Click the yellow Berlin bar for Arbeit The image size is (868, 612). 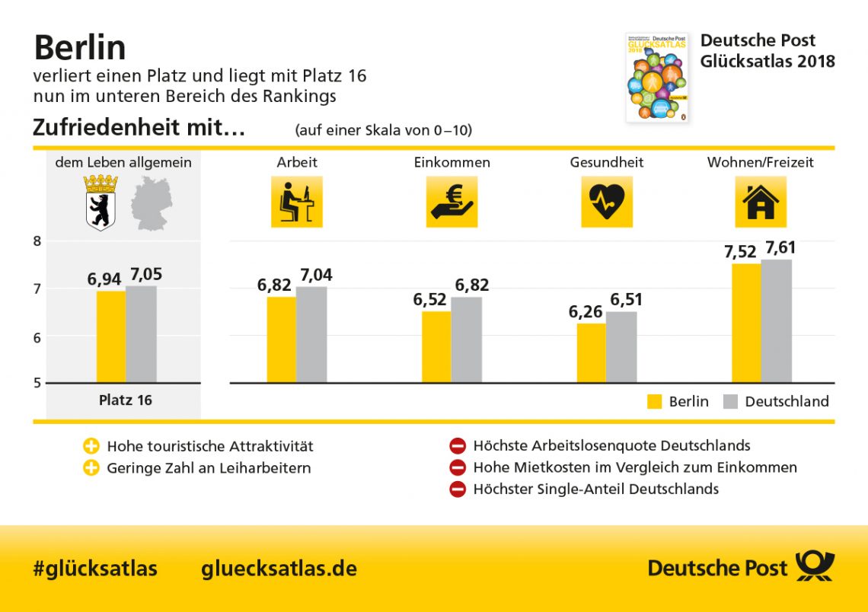(281, 339)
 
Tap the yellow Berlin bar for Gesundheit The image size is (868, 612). (592, 352)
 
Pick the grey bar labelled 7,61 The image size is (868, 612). (776, 320)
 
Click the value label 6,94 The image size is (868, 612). (105, 279)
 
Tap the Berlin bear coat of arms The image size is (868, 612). (101, 202)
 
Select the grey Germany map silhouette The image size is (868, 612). (151, 202)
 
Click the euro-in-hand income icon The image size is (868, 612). (452, 202)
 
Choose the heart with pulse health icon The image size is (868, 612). (607, 202)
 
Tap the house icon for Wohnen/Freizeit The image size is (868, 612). (761, 202)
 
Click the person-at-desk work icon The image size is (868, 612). (297, 202)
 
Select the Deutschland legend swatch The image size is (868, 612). (730, 402)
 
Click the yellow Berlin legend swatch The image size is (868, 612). (654, 402)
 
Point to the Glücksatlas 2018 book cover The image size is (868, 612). (656, 77)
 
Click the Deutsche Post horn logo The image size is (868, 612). (815, 567)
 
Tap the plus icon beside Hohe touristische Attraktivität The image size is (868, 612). (91, 446)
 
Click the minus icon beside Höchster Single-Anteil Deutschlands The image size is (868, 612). (457, 489)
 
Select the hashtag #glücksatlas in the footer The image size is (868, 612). (95, 568)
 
